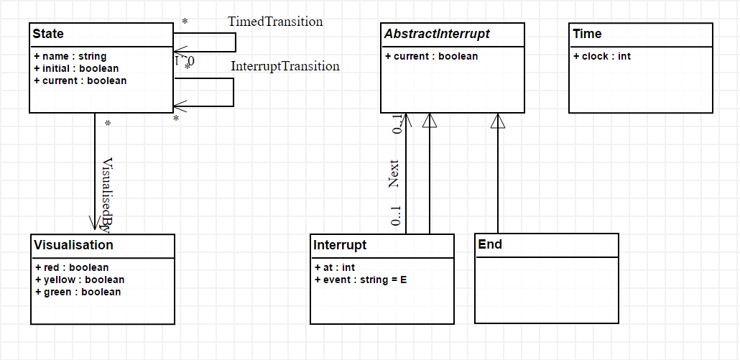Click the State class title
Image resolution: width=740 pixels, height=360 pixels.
click(48, 34)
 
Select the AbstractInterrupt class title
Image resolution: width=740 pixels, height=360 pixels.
click(437, 34)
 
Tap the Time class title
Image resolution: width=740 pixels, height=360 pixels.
click(587, 34)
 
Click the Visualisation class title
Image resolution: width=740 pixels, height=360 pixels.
click(73, 245)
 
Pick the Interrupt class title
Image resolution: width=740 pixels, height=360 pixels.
click(340, 245)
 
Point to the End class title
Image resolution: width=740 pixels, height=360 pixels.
click(490, 245)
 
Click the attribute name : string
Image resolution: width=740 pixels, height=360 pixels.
click(70, 56)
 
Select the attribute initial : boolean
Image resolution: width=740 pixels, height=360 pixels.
click(76, 68)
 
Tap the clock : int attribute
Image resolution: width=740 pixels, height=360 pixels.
click(602, 56)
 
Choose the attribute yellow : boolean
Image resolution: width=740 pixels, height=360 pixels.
click(79, 280)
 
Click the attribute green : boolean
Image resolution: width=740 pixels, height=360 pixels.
click(78, 292)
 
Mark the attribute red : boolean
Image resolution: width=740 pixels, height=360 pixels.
click(71, 267)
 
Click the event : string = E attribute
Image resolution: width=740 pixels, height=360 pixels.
click(361, 280)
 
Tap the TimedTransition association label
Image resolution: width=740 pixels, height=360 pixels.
click(275, 22)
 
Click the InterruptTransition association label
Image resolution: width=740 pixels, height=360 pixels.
click(285, 66)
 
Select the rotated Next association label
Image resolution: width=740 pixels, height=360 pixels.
click(394, 174)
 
